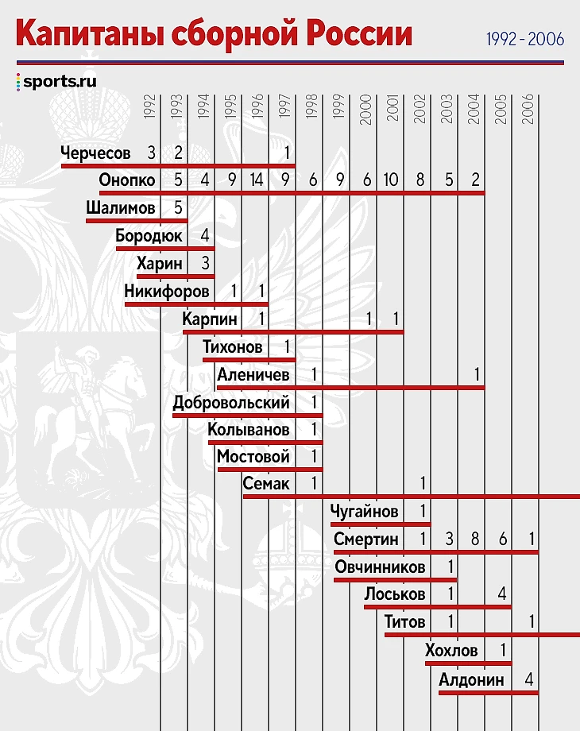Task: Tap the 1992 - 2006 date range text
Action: coord(524,38)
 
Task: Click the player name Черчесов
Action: coord(95,153)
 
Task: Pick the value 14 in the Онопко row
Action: coord(257,180)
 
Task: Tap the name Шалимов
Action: coord(121,208)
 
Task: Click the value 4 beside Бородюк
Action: coord(204,236)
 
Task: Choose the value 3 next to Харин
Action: coord(204,264)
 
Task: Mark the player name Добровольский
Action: coord(231,403)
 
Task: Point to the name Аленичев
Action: coord(253,374)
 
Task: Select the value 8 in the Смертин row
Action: coord(475,540)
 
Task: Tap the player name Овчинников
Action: coord(380,567)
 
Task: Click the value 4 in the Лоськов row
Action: coord(502,594)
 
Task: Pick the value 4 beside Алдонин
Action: coord(529,680)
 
